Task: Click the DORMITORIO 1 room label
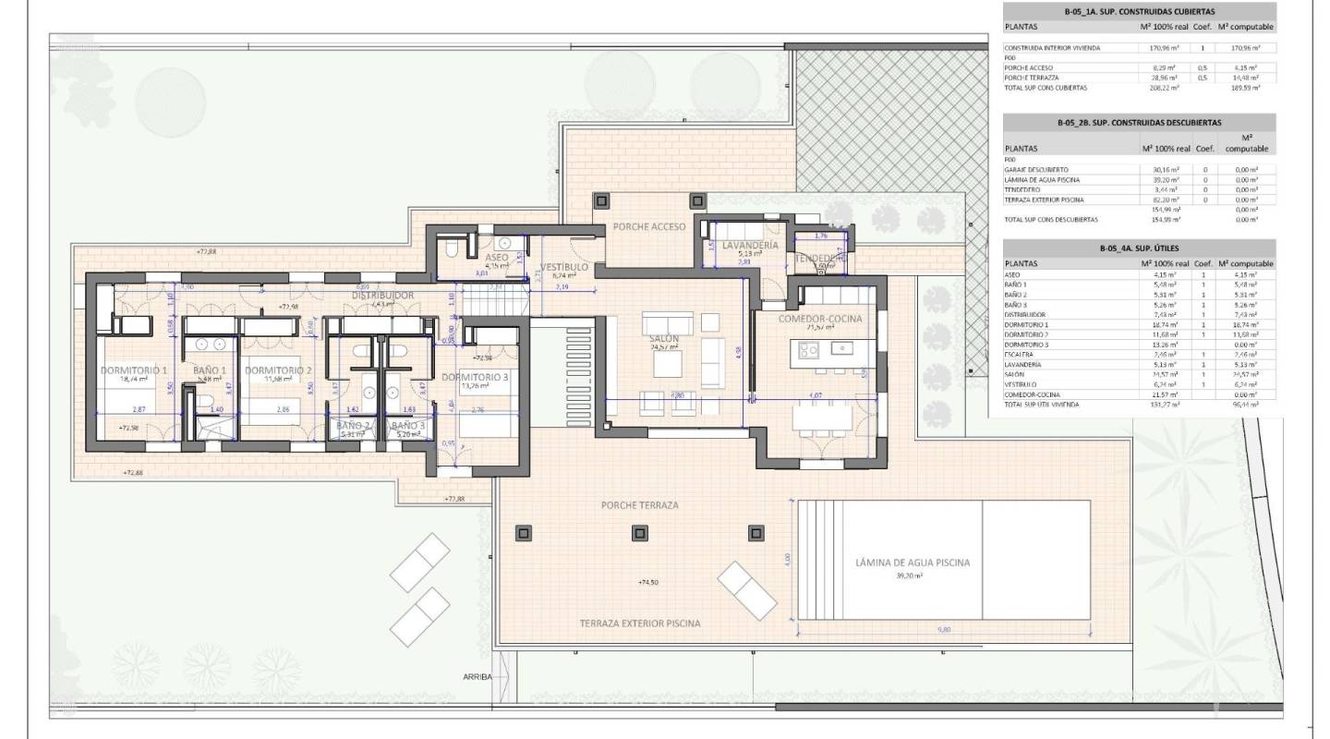[134, 370]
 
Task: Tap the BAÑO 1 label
[210, 370]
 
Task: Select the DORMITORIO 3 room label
[475, 377]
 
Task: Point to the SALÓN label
[664, 339]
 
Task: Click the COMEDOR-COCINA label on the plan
[820, 319]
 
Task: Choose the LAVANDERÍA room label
[750, 245]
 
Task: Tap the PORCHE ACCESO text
[648, 227]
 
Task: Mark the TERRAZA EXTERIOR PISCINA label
[640, 624]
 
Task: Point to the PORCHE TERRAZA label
[639, 505]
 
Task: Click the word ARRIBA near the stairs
[479, 677]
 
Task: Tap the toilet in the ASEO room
[451, 249]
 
